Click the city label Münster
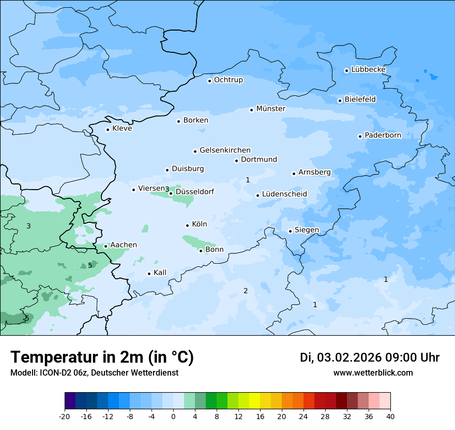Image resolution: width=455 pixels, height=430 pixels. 270,109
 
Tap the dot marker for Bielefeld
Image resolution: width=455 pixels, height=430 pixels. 340,101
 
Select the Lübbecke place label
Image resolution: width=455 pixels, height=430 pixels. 368,69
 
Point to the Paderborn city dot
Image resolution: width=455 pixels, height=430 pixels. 360,136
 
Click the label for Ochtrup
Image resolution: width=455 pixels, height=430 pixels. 228,80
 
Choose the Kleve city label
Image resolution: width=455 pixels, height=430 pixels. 122,128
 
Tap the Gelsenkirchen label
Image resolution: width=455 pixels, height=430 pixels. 225,150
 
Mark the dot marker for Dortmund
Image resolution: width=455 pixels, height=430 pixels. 236,161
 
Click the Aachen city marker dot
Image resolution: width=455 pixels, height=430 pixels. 105,246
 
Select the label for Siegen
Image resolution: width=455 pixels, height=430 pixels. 307,230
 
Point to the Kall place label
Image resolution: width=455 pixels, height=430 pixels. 160,273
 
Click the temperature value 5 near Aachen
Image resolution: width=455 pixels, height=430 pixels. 90,265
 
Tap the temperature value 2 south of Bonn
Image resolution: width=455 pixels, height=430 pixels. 246,291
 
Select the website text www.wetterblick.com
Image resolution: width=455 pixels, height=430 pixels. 373,373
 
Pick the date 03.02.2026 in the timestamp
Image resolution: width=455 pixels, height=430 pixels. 349,357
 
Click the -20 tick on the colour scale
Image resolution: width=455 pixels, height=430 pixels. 65,416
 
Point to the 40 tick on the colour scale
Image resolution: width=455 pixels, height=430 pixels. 390,416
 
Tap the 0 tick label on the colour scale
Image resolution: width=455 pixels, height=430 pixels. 173,416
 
